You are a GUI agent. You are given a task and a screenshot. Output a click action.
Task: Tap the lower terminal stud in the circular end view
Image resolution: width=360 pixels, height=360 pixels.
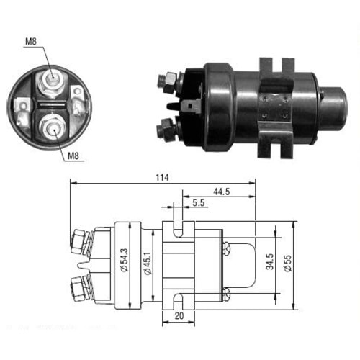point(51,130)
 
